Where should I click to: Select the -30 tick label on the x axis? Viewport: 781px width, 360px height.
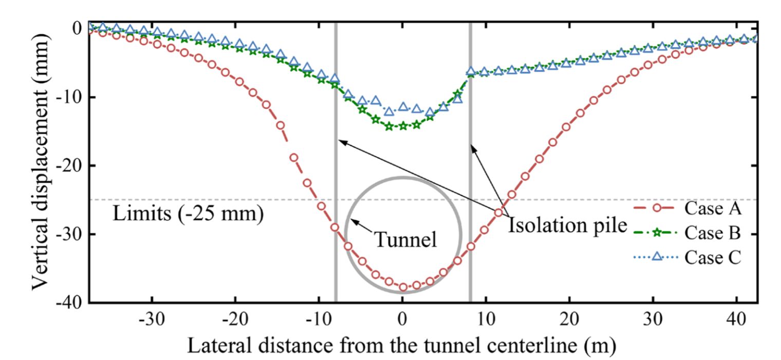pos(152,318)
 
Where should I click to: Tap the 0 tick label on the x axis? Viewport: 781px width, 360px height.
pos(402,318)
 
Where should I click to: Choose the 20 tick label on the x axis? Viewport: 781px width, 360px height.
pos(569,318)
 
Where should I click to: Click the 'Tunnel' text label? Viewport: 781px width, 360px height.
pos(405,239)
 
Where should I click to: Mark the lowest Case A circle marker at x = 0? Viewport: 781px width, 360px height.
pos(403,287)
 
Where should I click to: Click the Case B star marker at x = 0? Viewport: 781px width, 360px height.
pos(403,126)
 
